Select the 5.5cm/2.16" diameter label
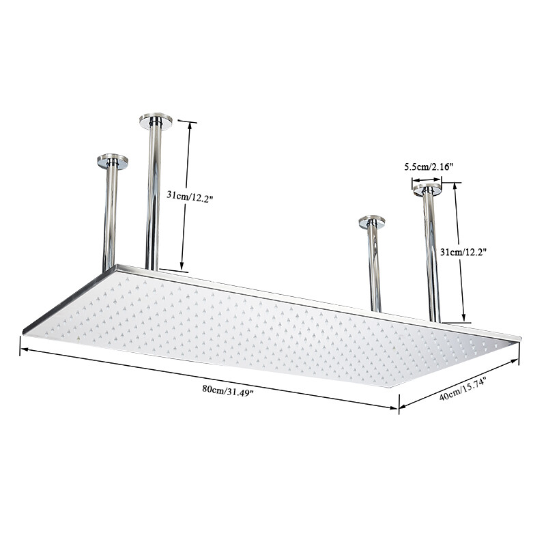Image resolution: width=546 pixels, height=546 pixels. tap(429, 167)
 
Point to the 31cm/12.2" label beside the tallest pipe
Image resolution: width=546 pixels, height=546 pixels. tap(191, 195)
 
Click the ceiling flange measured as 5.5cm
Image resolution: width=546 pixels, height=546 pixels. tap(427, 189)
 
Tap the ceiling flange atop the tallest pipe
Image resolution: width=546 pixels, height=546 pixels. tap(156, 121)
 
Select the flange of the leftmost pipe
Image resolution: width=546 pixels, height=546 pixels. tap(113, 161)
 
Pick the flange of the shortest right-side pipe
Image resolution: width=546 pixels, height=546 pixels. tap(372, 222)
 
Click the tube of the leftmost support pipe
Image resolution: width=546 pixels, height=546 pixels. tap(110, 218)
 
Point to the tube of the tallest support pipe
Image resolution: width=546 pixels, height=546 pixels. tap(153, 198)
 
